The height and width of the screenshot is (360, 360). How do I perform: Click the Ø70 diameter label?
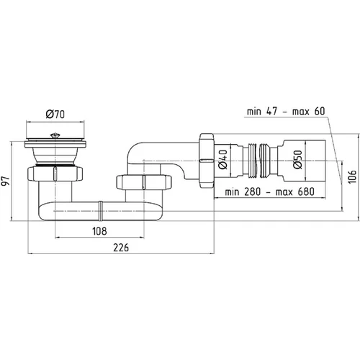pos(55,114)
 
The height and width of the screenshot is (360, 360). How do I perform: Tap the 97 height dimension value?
pos(6,181)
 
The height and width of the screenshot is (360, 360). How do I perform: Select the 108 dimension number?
pos(99,231)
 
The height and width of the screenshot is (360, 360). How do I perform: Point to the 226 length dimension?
pos(121,248)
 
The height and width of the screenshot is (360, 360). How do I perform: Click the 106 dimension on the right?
pos(352,177)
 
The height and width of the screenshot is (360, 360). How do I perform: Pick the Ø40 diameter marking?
pos(222,159)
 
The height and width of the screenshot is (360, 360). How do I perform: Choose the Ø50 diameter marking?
pos(297,160)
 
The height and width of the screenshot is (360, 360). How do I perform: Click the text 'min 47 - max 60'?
pos(286,112)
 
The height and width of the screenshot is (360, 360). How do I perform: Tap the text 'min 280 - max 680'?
pos(269,192)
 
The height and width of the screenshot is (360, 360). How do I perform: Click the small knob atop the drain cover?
pos(55,135)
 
